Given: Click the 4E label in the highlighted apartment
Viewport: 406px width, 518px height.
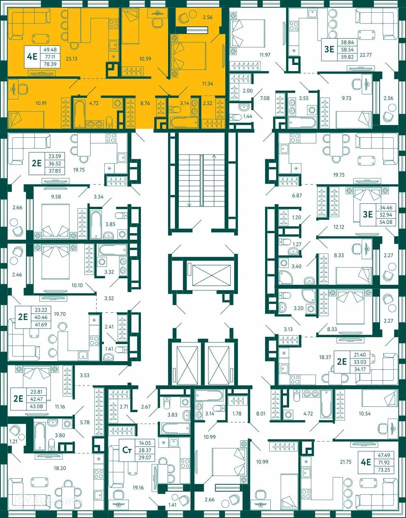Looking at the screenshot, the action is (32, 56).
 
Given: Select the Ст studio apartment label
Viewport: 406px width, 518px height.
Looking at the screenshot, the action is (127, 450).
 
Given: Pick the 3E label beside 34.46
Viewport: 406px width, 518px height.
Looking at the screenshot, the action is (368, 214).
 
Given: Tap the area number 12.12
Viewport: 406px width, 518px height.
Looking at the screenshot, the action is (339, 227).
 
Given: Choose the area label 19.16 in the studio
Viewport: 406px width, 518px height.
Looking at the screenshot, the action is (138, 488).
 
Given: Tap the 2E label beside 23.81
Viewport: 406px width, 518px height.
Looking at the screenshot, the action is (18, 398).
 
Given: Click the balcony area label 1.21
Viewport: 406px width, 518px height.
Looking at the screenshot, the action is (14, 441).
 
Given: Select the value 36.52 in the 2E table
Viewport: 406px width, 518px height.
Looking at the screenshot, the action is (55, 164).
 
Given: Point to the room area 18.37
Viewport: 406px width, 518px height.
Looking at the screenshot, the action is (325, 358).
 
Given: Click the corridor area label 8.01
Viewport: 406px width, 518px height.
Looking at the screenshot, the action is (261, 414).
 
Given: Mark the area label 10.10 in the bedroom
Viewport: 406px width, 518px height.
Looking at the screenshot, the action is (77, 286).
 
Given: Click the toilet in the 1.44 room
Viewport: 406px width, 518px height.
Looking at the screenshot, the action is (236, 117).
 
